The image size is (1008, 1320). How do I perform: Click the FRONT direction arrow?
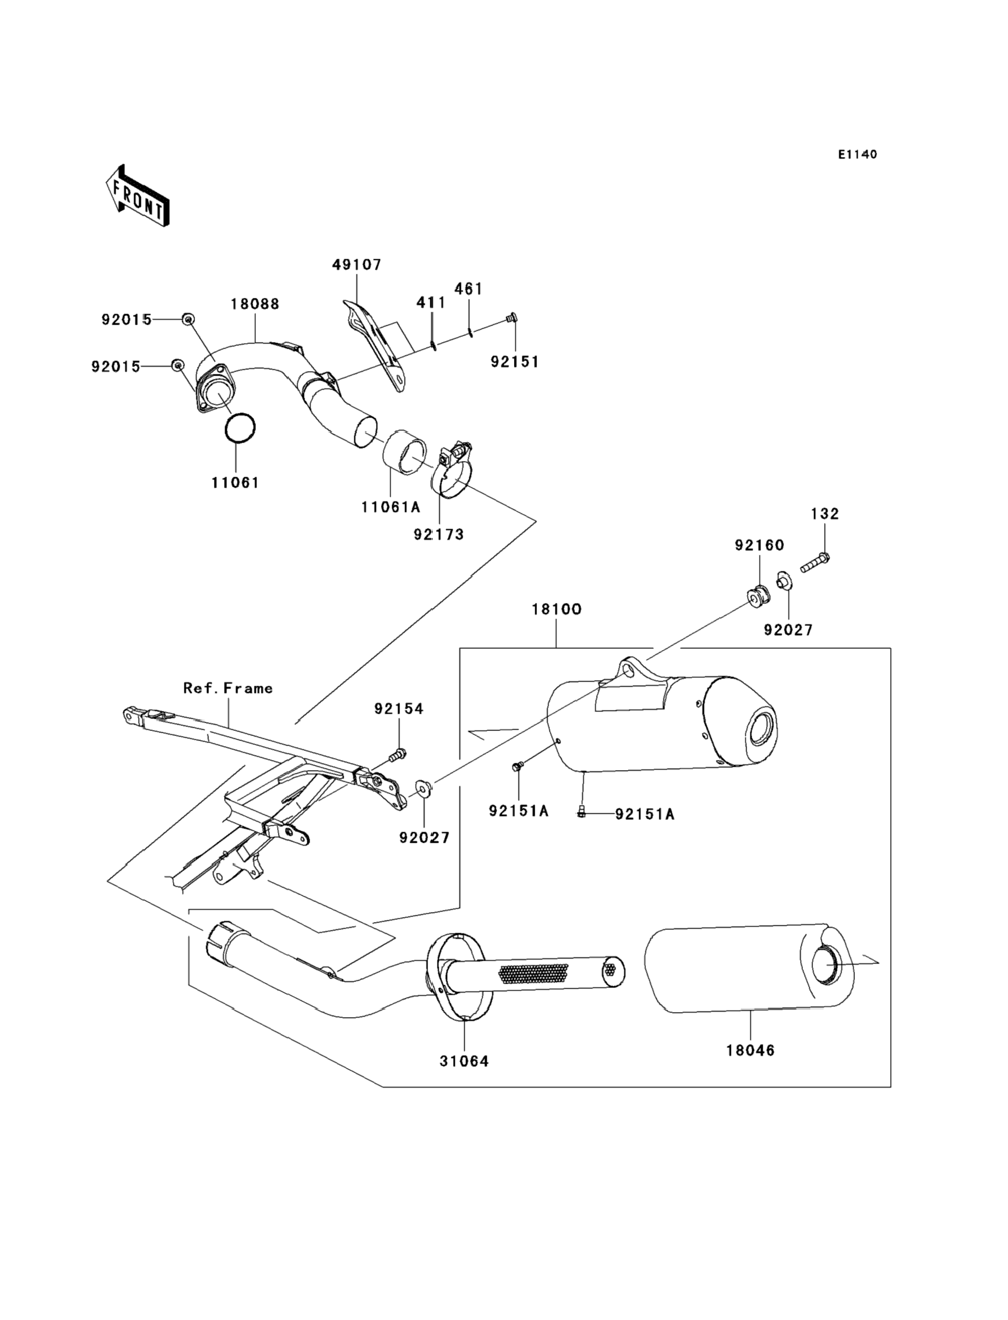137,196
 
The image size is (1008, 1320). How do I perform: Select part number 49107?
357,264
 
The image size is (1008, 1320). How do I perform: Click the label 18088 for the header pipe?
255,304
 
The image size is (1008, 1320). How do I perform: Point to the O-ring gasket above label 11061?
240,428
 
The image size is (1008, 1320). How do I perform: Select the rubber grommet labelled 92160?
758,597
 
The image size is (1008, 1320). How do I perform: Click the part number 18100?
557,610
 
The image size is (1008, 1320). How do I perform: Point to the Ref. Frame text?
228,688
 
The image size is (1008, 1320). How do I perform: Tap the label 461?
469,288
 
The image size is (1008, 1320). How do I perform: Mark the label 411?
431,302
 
